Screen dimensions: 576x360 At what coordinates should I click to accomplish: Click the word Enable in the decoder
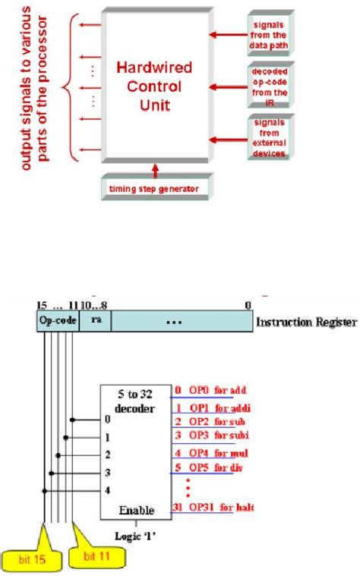tap(136, 508)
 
